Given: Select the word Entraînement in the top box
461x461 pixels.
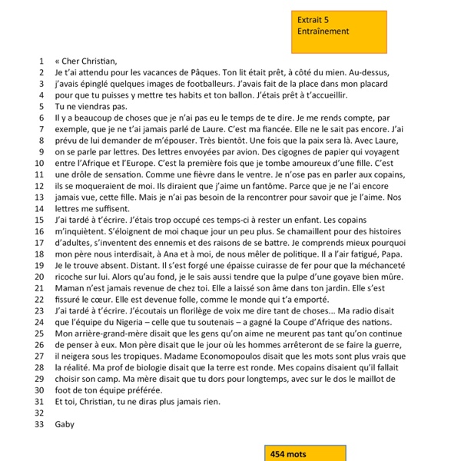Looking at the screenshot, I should click(x=323, y=31).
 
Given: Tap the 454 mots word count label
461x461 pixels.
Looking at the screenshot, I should click(x=288, y=454).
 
